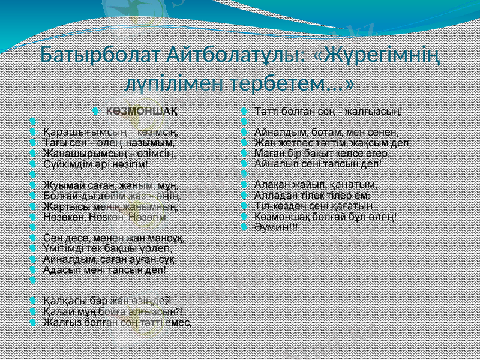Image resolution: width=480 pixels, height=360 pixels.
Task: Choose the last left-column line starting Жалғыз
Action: tap(117, 322)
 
